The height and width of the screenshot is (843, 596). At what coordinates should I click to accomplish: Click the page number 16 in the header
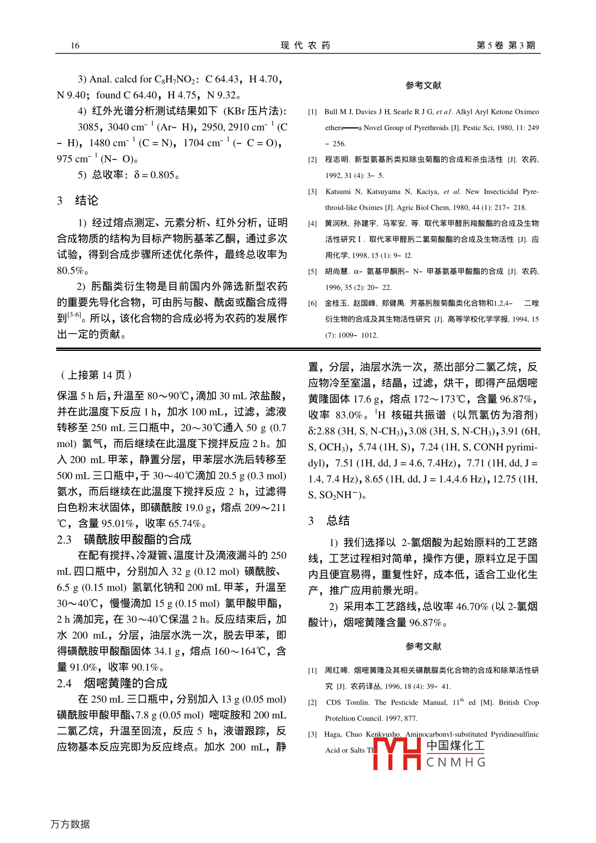(x=75, y=46)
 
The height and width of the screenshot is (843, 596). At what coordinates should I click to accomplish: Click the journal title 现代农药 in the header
(x=306, y=46)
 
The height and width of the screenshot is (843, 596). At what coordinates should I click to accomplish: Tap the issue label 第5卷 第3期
(x=505, y=46)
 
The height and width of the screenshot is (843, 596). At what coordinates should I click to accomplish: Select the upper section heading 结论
(x=86, y=201)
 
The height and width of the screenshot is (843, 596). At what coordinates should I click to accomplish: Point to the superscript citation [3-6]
(x=75, y=315)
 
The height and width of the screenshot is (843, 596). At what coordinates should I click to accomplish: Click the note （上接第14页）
(x=96, y=375)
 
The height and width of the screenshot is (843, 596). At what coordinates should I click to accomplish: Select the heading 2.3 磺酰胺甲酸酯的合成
(x=124, y=540)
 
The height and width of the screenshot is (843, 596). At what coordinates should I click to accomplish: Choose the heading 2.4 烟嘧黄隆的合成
(x=112, y=683)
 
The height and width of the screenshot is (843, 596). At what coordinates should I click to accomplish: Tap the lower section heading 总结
(x=338, y=521)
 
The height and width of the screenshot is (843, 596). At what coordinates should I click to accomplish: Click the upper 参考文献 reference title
(x=423, y=86)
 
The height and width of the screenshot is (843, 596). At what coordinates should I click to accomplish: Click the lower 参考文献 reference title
(x=423, y=647)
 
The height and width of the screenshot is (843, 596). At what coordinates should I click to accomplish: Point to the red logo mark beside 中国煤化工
(x=397, y=753)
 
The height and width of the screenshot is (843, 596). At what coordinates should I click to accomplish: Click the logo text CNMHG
(x=456, y=762)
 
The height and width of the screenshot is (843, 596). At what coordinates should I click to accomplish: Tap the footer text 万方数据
(x=70, y=824)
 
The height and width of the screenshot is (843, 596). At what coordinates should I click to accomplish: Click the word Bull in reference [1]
(x=331, y=112)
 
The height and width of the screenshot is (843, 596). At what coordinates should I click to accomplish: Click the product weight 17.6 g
(x=362, y=399)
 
